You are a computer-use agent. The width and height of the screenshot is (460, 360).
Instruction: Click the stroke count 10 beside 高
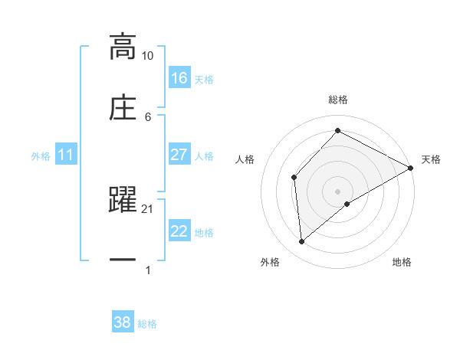click(147, 56)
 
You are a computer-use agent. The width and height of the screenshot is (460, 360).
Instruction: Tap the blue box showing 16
click(179, 78)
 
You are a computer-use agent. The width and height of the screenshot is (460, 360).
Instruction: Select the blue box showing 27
click(179, 155)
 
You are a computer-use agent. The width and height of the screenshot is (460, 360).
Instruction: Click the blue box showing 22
click(179, 232)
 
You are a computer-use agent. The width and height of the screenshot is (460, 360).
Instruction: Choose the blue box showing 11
click(65, 155)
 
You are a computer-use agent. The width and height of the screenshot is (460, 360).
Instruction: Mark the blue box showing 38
click(123, 323)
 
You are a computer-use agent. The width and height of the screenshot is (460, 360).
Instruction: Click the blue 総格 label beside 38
click(147, 324)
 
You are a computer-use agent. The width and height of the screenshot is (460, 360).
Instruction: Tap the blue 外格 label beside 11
click(41, 156)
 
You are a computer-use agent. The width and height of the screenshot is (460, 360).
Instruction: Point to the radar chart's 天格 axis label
click(431, 159)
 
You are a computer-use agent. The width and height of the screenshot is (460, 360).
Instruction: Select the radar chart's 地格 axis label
click(402, 262)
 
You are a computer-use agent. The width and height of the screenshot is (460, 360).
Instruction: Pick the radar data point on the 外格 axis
click(302, 242)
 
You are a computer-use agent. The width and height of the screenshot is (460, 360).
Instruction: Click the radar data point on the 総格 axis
click(337, 131)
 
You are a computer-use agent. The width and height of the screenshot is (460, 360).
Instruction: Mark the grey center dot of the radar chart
click(337, 191)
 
